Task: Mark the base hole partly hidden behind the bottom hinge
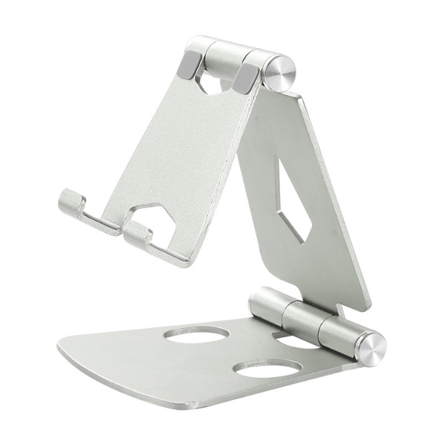click(x=298, y=341)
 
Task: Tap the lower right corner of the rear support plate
click(x=366, y=305)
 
